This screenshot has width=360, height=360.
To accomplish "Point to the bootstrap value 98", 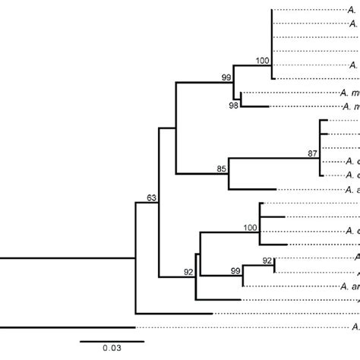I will tap(233, 106).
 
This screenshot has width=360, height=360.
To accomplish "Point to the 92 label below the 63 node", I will tap(189, 271).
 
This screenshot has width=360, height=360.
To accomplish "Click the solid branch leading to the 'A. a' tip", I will tap(251, 189).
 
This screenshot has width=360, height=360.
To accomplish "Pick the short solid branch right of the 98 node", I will tap(254, 106).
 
